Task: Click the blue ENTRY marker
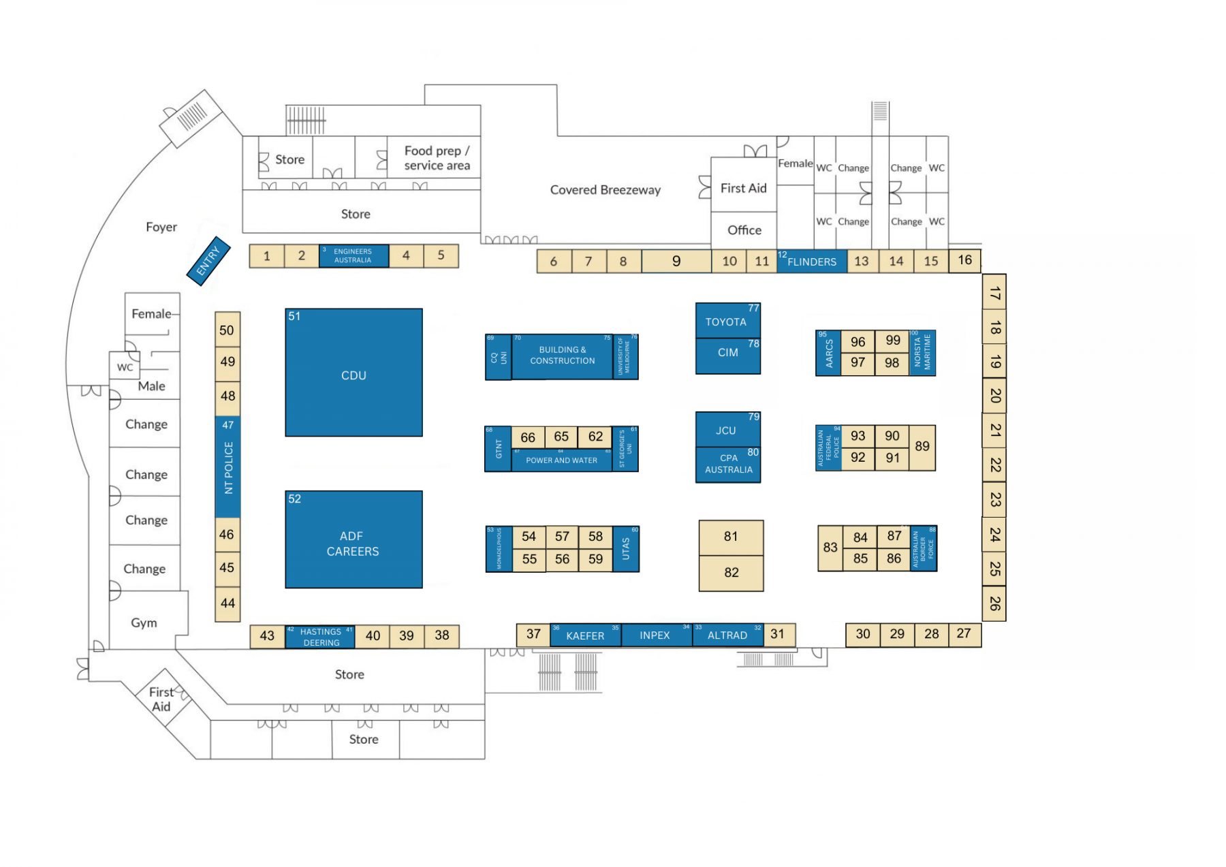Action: [x=208, y=261]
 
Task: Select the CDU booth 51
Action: [x=353, y=373]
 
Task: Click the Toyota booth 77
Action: [x=727, y=321]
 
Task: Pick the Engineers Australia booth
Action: [x=353, y=256]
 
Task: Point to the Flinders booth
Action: [x=812, y=262]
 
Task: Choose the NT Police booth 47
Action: [x=228, y=467]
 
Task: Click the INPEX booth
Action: [x=655, y=635]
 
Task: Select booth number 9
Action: [x=676, y=262]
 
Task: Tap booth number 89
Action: [x=922, y=447]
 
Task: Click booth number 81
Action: [x=731, y=537]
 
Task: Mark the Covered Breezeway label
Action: [x=605, y=190]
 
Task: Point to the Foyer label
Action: [x=161, y=227]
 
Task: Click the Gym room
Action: [x=144, y=622]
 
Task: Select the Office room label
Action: [x=744, y=230]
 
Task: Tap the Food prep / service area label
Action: [x=437, y=158]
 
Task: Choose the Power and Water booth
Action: [x=562, y=460]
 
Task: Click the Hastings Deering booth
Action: [x=321, y=637]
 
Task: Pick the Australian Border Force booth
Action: [x=924, y=548]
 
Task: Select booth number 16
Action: [x=965, y=260]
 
